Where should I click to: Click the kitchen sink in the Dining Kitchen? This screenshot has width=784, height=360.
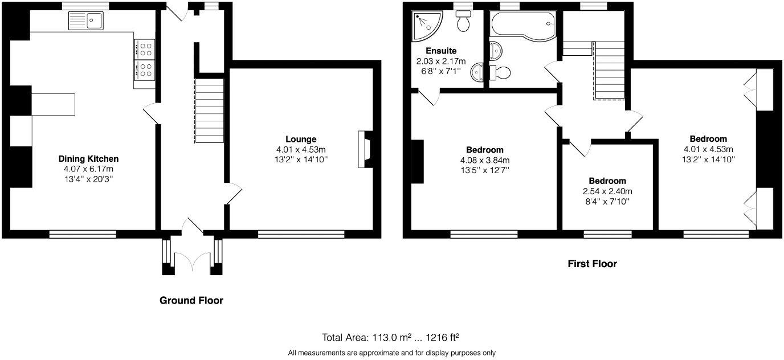[85, 21]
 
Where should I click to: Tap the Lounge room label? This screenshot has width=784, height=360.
[301, 139]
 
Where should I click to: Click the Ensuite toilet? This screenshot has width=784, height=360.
[463, 21]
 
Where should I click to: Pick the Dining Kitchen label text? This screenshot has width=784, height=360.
[88, 159]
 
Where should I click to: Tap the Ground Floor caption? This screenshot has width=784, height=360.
[191, 301]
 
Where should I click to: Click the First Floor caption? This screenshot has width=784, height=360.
[592, 264]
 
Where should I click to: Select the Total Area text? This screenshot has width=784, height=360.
[390, 338]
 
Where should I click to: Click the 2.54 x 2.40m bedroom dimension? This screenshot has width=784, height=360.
[607, 191]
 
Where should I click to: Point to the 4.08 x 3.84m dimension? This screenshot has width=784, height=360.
[485, 160]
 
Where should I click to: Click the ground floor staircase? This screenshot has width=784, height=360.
[209, 111]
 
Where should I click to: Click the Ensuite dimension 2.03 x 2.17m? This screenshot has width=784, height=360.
[441, 61]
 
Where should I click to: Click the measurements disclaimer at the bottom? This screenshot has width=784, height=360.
[391, 353]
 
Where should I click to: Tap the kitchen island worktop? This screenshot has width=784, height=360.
[53, 104]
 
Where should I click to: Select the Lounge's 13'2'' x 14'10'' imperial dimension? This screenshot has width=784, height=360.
[301, 159]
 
